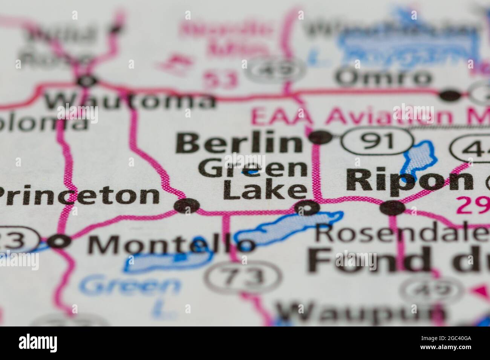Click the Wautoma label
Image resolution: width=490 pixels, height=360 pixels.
(x=130, y=100)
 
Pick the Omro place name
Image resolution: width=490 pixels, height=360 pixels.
(x=384, y=78)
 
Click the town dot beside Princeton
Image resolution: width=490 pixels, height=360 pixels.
(x=187, y=206)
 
